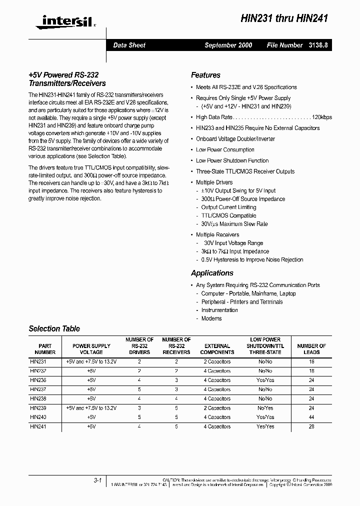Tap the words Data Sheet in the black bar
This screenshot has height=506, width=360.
129,45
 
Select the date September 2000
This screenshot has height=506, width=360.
228,45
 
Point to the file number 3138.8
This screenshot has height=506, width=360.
316,45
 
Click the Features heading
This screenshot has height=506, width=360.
205,75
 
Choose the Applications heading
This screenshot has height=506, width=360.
212,273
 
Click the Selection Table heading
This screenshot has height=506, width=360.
54,329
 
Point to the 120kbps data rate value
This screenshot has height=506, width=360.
320,117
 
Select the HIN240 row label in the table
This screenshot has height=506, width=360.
38,417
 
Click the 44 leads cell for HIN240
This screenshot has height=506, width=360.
311,417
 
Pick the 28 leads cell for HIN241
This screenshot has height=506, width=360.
311,426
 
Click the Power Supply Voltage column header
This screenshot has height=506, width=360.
91,349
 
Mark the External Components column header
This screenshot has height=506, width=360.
217,349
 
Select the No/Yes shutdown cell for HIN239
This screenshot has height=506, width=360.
265,408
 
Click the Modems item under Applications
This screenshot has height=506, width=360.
211,318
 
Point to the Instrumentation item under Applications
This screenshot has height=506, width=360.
219,310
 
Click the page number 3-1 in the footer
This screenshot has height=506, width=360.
97,480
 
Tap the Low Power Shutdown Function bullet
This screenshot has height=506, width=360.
232,160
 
